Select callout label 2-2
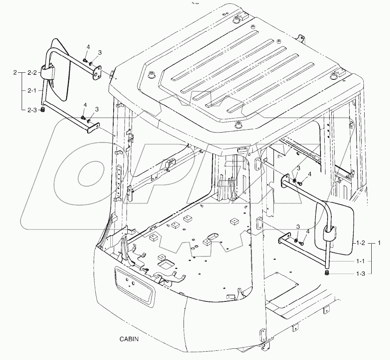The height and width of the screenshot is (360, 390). [32, 73]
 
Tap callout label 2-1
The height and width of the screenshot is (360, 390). [32, 91]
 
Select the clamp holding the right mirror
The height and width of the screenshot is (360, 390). [329, 232]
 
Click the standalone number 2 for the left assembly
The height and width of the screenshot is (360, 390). [15, 73]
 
